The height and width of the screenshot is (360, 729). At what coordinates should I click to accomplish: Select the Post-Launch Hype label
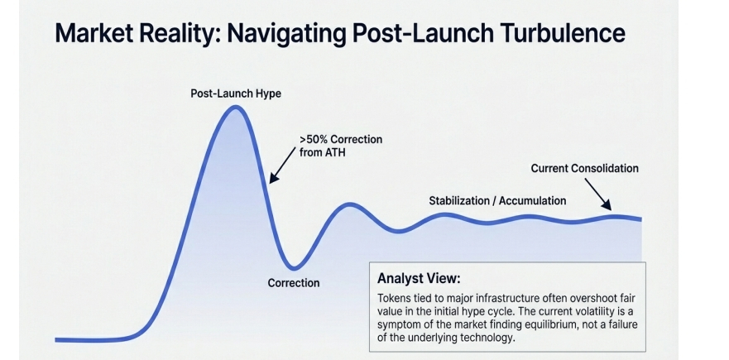(236, 94)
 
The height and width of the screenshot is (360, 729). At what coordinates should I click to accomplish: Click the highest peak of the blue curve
(236, 108)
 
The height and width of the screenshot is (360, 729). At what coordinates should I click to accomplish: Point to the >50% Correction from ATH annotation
(341, 146)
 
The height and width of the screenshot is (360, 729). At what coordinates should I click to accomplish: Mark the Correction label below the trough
(294, 282)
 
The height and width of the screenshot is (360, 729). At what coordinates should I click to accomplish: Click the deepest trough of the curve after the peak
(294, 268)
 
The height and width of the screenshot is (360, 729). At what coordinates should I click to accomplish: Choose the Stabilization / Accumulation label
(497, 201)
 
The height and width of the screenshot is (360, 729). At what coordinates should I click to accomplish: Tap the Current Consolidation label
(584, 168)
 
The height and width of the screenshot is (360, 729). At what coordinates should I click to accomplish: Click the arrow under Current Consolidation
(598, 194)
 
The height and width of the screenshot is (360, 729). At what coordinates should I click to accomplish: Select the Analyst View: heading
(419, 278)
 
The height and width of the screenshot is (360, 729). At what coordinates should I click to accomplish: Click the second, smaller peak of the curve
(351, 204)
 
